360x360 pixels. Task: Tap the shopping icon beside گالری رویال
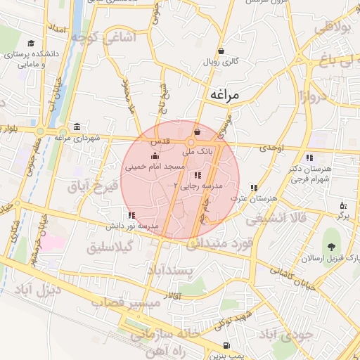221,51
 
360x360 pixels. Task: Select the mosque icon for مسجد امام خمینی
155,156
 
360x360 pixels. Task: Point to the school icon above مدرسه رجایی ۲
198,174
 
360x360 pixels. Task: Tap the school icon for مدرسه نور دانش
131,215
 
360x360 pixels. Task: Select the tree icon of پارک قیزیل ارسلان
330,246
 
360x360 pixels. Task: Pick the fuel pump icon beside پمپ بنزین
225,345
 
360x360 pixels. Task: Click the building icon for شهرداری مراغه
76,127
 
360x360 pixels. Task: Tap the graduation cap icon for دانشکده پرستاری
31,44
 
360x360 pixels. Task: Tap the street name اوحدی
271,148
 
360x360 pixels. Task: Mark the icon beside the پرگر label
343,205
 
